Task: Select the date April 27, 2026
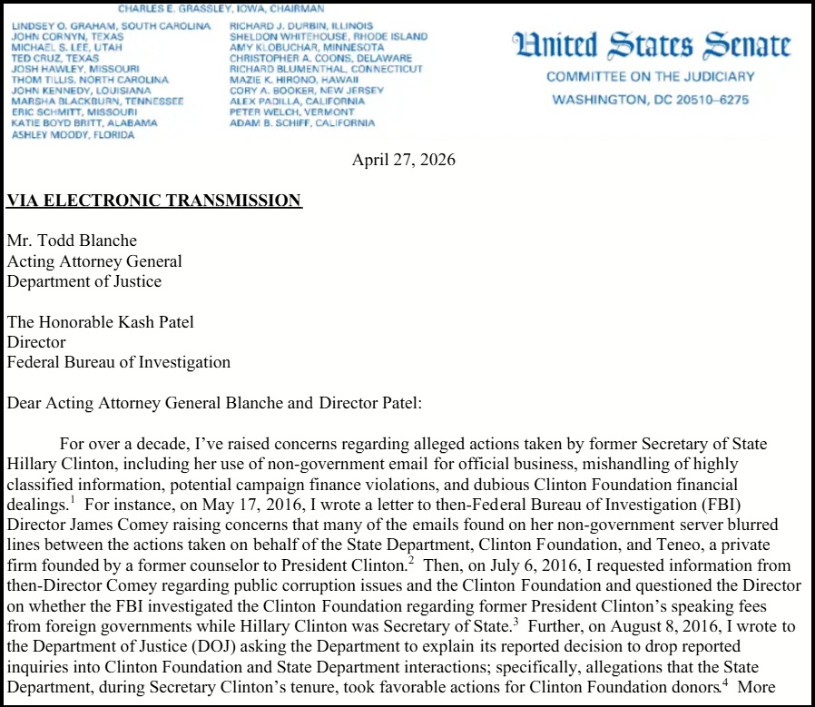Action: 404,161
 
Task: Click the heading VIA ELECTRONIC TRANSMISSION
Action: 154,201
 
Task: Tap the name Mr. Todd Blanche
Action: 73,241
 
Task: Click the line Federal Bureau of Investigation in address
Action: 119,362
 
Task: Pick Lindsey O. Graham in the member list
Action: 111,25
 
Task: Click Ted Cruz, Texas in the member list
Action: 54,58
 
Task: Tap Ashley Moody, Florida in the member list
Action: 73,135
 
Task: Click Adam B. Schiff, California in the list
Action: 302,123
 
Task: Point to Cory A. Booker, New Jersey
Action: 307,91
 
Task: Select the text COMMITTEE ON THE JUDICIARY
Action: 650,77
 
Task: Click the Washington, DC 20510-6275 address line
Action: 651,98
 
